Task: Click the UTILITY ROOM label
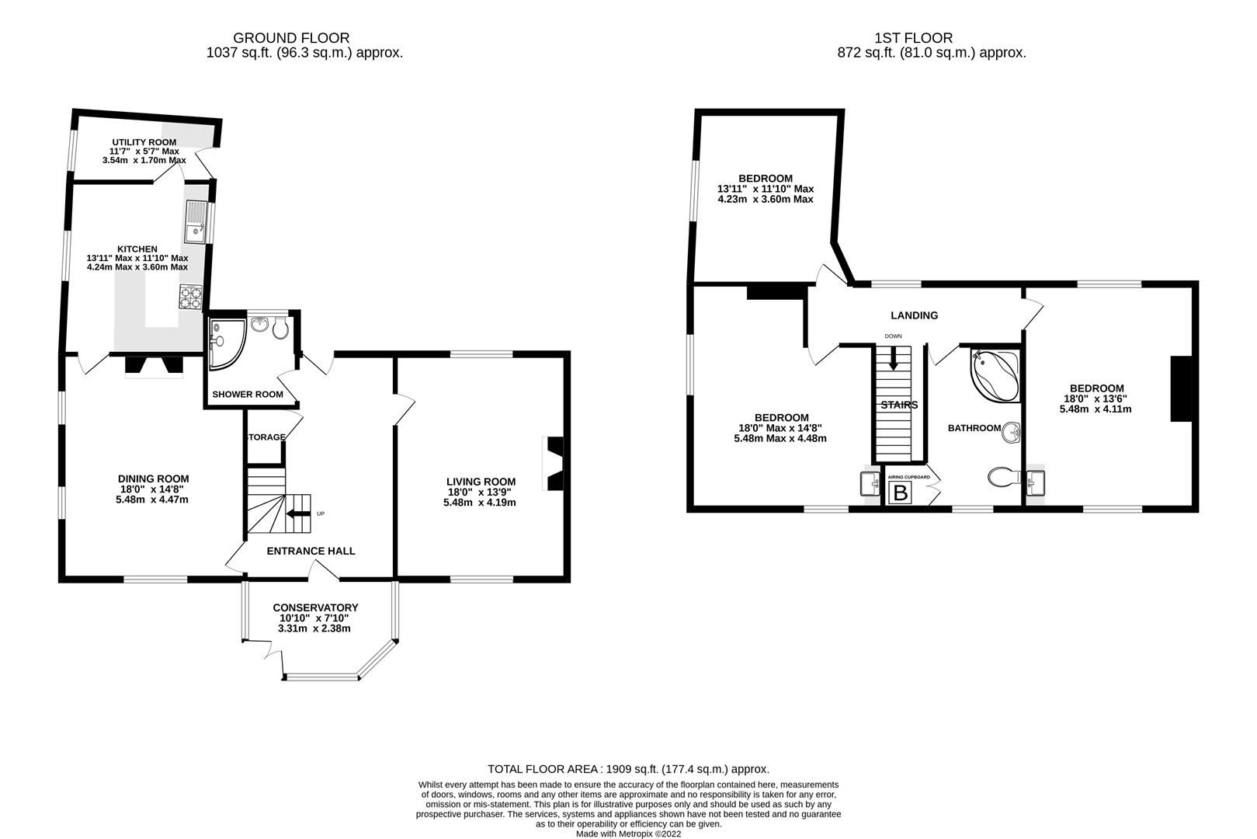point(144,142)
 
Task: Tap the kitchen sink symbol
point(195,221)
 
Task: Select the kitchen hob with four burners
point(190,297)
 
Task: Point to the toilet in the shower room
point(280,329)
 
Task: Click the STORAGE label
point(266,437)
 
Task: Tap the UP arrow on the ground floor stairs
point(296,513)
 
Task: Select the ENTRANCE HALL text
point(311,552)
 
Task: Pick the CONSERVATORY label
point(315,607)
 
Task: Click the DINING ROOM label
point(153,479)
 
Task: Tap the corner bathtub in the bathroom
point(993,376)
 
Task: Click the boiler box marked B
point(901,493)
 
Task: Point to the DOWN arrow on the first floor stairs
point(893,357)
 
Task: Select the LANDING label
point(914,315)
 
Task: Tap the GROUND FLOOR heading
point(291,37)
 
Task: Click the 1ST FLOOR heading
point(913,37)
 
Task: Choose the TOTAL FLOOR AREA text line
point(628,769)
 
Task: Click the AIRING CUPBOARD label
point(908,477)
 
